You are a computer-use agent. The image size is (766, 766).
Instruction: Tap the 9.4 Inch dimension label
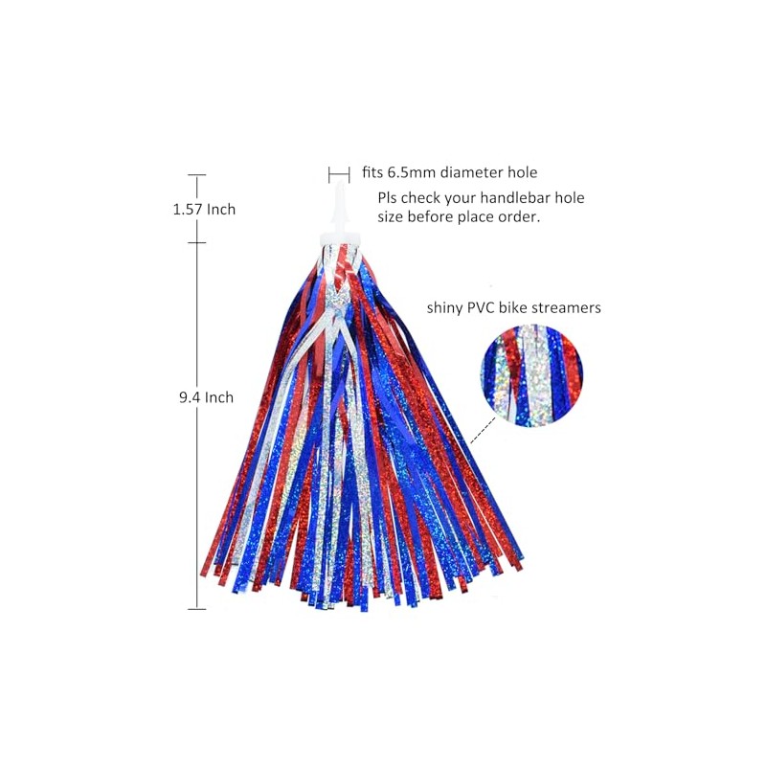[x=206, y=397]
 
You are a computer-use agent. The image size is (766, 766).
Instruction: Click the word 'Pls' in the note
[x=388, y=198]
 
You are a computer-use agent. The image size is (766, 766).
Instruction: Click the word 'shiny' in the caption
[x=446, y=308]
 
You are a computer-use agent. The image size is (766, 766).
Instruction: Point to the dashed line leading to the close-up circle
[x=484, y=428]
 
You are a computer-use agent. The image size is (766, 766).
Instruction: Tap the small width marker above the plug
[x=339, y=173]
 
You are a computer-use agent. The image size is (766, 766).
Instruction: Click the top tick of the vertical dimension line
[x=197, y=175]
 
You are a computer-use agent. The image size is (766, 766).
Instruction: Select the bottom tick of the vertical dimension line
[x=197, y=609]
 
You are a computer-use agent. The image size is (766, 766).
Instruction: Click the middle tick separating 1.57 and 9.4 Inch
[x=197, y=242]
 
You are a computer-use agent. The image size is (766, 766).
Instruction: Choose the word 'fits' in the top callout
[x=372, y=173]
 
